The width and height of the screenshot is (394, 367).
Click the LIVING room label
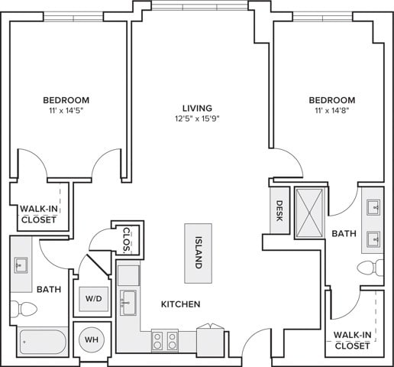(x=197, y=108)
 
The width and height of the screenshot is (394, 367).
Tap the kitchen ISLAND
(x=198, y=253)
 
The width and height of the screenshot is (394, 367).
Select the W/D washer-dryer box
(x=94, y=299)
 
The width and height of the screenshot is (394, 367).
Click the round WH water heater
(x=92, y=339)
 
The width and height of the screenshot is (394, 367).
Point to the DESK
(x=279, y=210)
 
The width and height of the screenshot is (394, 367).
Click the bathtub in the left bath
(x=43, y=342)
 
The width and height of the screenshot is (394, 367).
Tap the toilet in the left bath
(x=24, y=309)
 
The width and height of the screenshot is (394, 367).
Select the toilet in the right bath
(x=370, y=268)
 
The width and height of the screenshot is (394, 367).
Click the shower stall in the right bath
(x=309, y=213)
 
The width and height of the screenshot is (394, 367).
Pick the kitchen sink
(x=128, y=303)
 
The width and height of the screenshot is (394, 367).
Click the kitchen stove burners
(x=164, y=341)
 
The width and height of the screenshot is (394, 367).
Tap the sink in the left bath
(x=21, y=265)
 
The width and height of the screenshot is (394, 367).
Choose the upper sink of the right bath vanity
(x=373, y=207)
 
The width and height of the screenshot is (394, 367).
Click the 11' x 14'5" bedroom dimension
(x=66, y=111)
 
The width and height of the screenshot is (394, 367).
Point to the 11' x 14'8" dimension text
(x=332, y=111)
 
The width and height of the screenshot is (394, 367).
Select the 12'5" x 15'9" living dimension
(x=197, y=119)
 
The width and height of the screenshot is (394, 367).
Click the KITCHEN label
(x=181, y=304)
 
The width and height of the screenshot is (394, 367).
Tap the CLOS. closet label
(x=127, y=239)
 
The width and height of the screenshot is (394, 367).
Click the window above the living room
(x=200, y=5)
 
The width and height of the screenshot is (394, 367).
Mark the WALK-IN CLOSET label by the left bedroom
(x=39, y=214)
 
